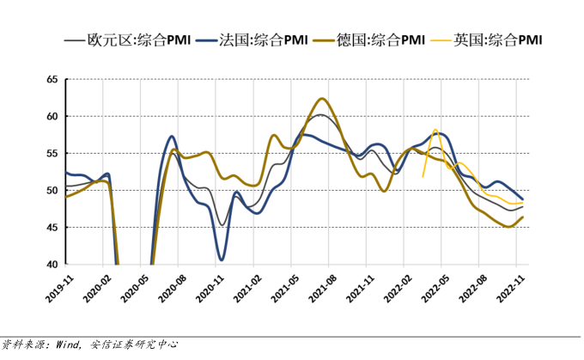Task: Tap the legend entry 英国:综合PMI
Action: pos(498,40)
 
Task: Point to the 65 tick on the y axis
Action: pos(51,79)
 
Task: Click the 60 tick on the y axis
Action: pos(51,116)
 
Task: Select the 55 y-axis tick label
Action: pos(51,153)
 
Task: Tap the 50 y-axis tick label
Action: pos(51,190)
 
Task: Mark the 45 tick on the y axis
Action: pos(51,227)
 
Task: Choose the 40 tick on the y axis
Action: pos(51,264)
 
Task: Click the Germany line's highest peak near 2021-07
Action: pos(321,99)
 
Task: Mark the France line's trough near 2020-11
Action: pos(222,259)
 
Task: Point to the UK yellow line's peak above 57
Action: pos(435,130)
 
